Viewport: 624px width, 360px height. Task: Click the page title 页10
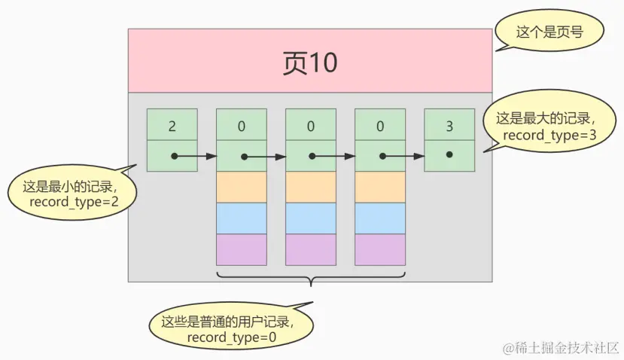[310, 63]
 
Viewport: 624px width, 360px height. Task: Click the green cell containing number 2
[172, 125]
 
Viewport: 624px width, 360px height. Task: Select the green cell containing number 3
[449, 125]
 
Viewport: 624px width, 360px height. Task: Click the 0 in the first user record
[241, 125]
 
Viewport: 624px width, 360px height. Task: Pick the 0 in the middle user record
[310, 125]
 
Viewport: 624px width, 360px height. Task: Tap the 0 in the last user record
[379, 125]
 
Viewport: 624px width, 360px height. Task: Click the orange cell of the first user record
[241, 187]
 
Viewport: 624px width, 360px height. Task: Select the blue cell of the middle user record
[310, 218]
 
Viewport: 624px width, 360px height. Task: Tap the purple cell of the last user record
[379, 249]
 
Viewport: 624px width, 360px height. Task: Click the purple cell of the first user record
[241, 249]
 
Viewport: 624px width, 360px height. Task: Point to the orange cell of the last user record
[379, 187]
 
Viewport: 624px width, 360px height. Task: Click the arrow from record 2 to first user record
[196, 157]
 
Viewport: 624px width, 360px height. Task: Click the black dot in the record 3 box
[449, 154]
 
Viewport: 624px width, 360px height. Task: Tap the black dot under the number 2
[174, 157]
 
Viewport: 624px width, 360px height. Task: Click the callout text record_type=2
[75, 203]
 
